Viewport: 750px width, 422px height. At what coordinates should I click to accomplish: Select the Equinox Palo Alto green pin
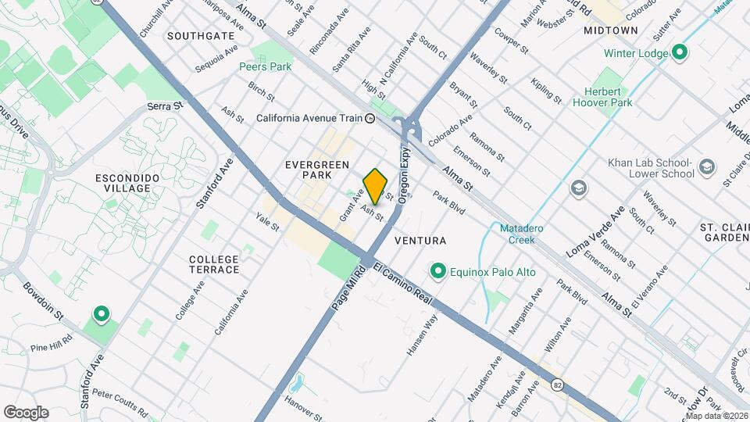[x=438, y=272]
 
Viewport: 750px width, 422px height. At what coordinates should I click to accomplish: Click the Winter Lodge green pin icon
[x=680, y=53]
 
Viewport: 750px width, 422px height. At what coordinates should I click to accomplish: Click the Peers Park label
[x=265, y=67]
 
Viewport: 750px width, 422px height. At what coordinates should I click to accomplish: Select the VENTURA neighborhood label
[x=420, y=241]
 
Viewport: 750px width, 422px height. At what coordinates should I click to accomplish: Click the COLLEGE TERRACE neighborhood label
[x=214, y=264]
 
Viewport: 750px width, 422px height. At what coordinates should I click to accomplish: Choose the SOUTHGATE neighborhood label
[x=201, y=36]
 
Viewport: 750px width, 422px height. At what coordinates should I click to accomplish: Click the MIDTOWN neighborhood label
[x=611, y=30]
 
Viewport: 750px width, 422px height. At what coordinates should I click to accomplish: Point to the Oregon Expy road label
[x=405, y=175]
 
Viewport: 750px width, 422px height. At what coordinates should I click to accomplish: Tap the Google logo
[x=26, y=413]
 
